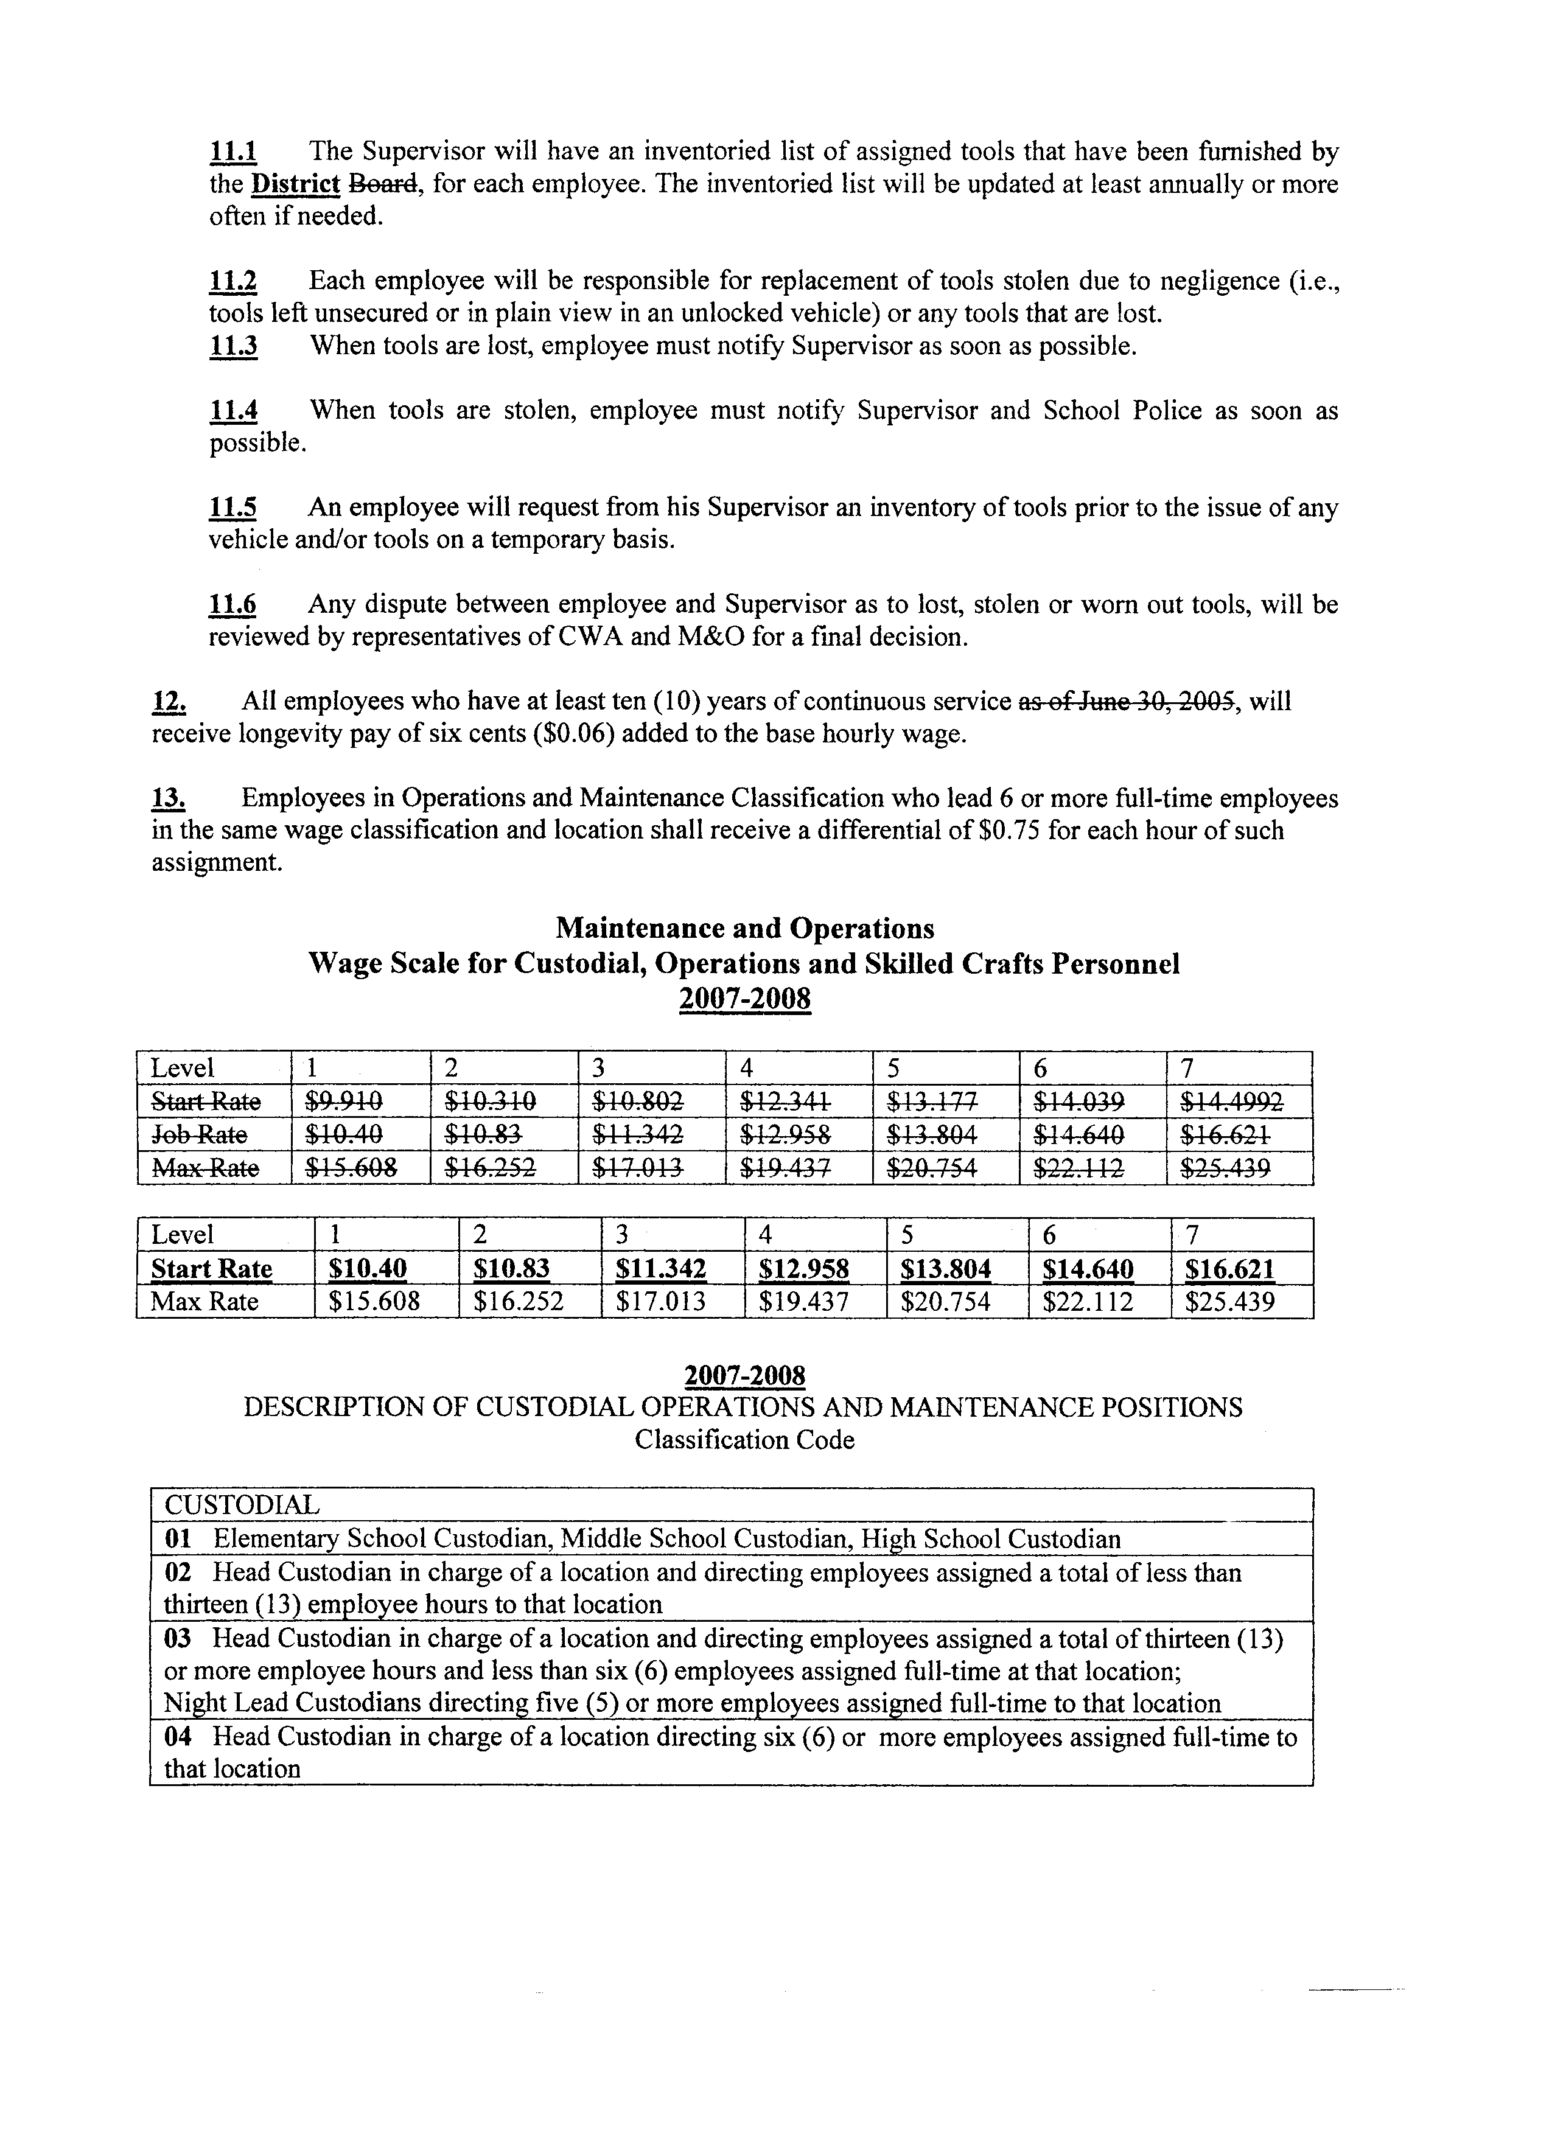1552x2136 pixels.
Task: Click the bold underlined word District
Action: [x=296, y=184]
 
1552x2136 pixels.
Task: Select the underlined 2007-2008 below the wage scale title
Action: [x=744, y=998]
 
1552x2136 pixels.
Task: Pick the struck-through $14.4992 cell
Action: [x=1232, y=1101]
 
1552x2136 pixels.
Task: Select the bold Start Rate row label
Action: [x=212, y=1269]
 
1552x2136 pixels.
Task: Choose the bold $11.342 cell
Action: [x=660, y=1269]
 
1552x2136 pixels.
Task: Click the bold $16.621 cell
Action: [x=1230, y=1269]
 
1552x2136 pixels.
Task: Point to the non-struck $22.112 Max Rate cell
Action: [x=1088, y=1302]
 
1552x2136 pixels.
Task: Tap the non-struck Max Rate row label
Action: [x=204, y=1302]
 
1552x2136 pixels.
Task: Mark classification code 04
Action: [x=177, y=1737]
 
